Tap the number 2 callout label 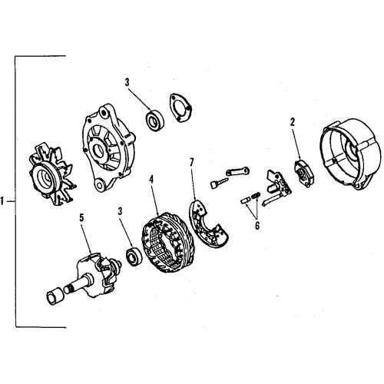click(x=293, y=122)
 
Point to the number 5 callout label click(x=81, y=217)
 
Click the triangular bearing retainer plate click(x=179, y=108)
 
